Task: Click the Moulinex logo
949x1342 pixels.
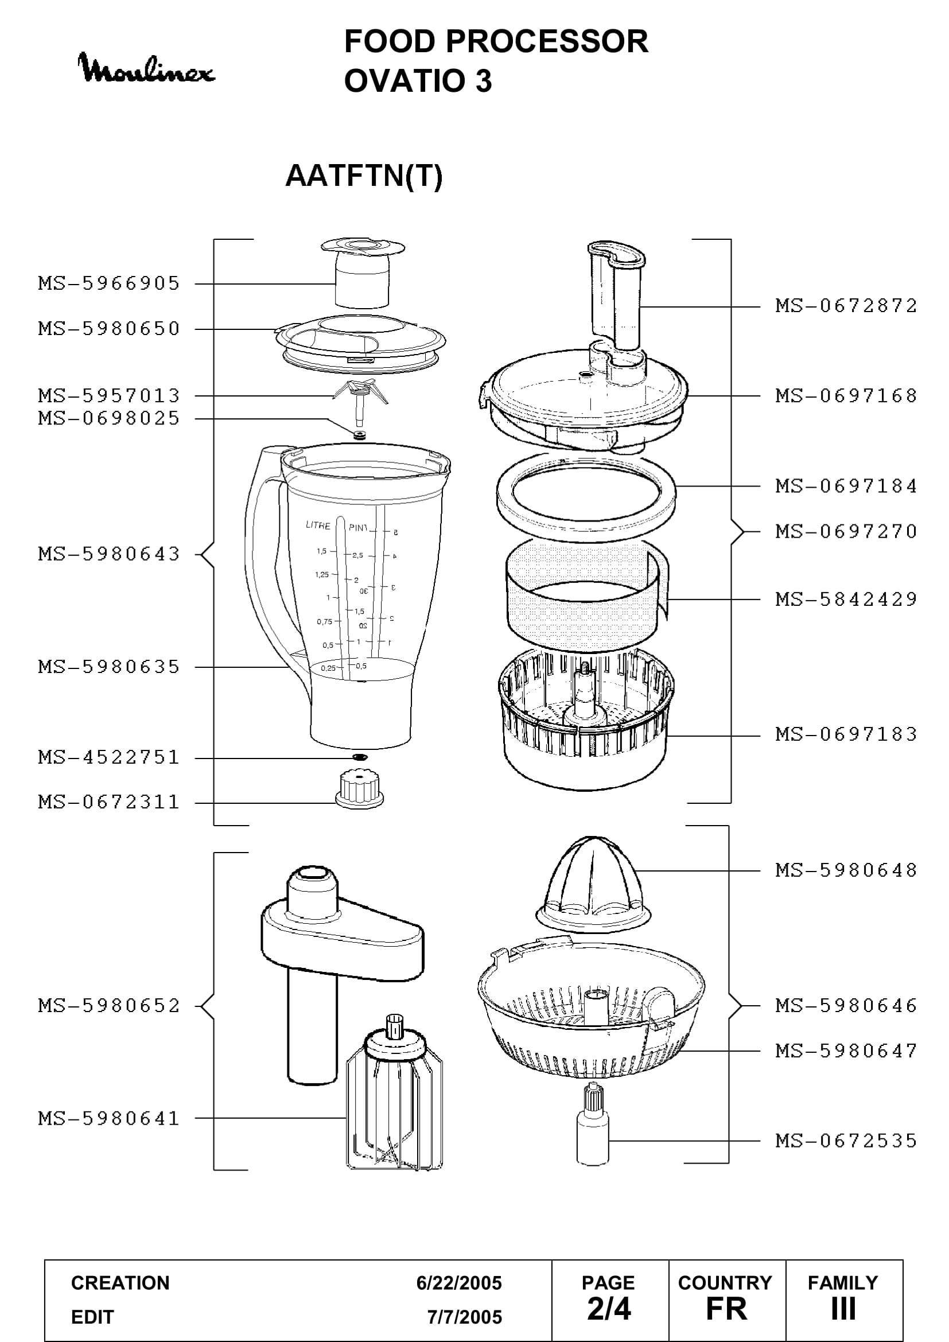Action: tap(146, 68)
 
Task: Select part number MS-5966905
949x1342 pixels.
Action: tap(109, 283)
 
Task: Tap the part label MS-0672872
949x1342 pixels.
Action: tap(846, 306)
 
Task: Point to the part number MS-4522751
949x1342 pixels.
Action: tap(109, 757)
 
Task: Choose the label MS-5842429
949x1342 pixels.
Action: tap(846, 599)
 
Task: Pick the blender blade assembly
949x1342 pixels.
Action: tap(360, 402)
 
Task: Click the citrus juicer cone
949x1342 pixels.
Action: tap(593, 884)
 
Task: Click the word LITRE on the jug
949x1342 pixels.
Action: tap(318, 525)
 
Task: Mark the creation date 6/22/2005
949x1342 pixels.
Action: tap(459, 1283)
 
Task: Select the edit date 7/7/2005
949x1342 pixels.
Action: tap(465, 1317)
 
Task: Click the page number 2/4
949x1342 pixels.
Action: tap(609, 1309)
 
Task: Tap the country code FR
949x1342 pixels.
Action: tap(726, 1309)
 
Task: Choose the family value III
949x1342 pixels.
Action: tap(843, 1309)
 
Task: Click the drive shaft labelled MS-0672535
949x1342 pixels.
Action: tap(593, 1124)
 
